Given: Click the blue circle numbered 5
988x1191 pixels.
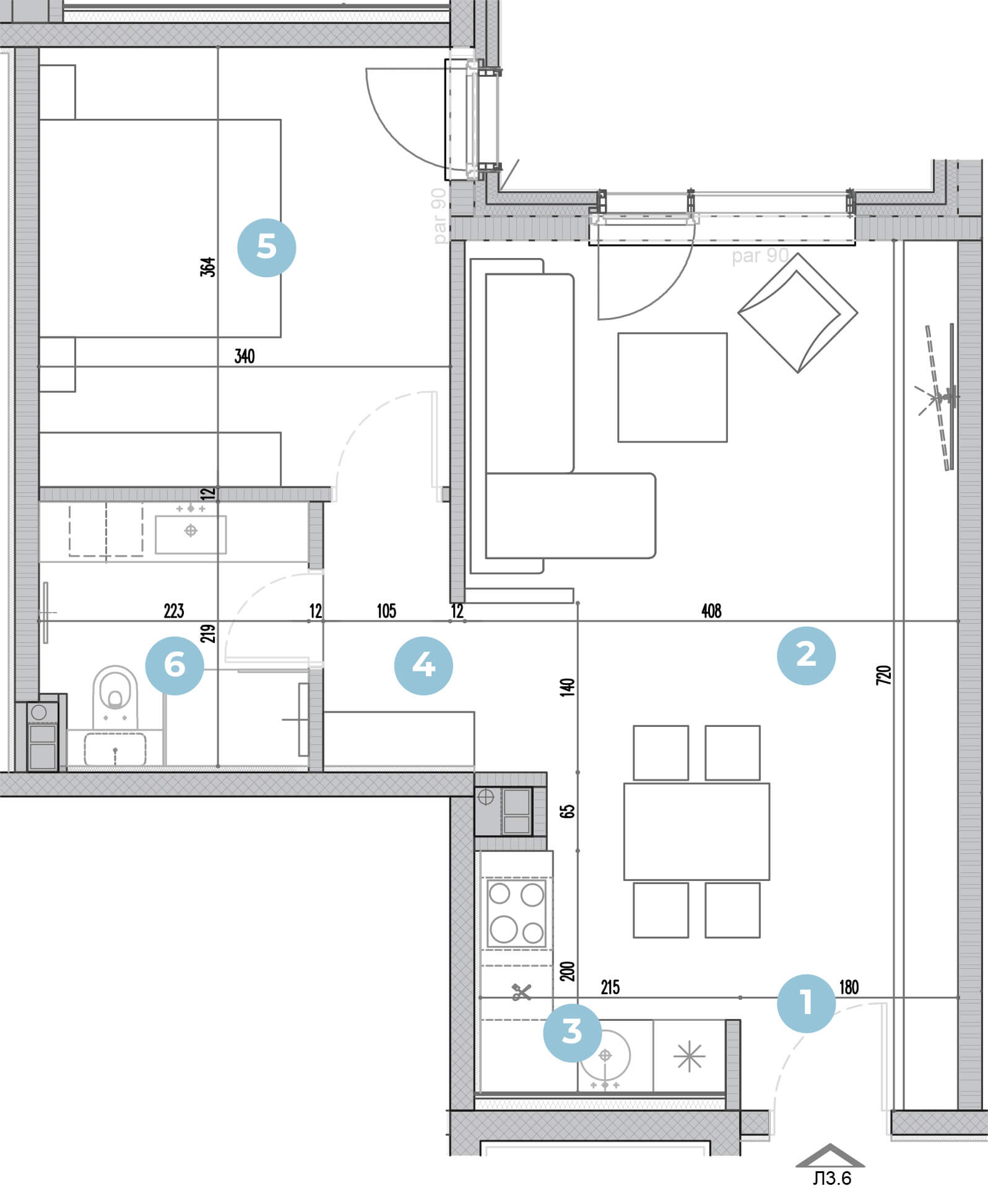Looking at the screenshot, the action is point(267,247).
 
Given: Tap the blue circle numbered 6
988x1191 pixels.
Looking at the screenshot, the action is point(175,666).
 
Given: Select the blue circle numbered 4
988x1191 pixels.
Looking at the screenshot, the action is point(423,666).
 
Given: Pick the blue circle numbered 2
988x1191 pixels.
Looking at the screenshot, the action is point(806,655).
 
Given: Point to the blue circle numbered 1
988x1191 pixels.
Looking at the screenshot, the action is point(806,1003).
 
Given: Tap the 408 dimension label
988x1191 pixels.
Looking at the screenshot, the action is point(711,611).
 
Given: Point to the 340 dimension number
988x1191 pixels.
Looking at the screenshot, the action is point(245,356).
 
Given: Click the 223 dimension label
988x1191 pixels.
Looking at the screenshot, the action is point(174,611).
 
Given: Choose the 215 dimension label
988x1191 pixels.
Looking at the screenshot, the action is point(610,987).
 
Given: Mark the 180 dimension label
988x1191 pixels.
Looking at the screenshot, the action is point(849,987).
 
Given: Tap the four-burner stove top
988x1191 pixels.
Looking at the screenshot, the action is point(516,913).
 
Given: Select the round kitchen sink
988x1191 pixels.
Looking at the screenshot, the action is point(605,1056).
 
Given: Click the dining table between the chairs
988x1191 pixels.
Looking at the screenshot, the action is point(696,832).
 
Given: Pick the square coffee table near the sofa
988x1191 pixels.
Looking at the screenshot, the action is point(672,387).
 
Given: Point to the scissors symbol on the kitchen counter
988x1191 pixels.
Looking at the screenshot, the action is point(521,992).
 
